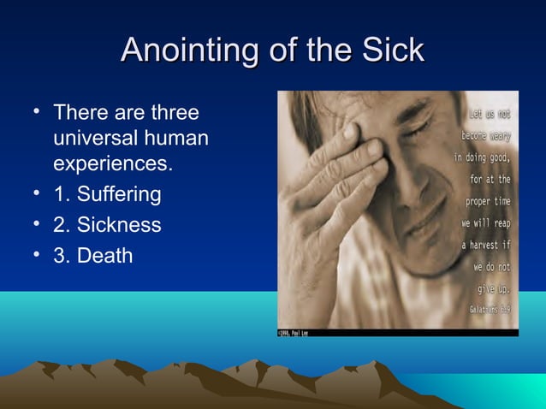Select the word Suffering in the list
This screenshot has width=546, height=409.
pyautogui.click(x=118, y=194)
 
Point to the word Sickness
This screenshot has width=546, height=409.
pyautogui.click(x=118, y=225)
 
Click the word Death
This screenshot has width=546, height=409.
pyautogui.click(x=104, y=255)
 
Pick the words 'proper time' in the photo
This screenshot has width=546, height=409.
pyautogui.click(x=488, y=201)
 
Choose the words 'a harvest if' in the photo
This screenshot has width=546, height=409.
pyautogui.click(x=485, y=245)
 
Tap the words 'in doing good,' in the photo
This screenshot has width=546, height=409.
pyautogui.click(x=481, y=157)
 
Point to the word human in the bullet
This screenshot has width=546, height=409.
pyautogui.click(x=179, y=138)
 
